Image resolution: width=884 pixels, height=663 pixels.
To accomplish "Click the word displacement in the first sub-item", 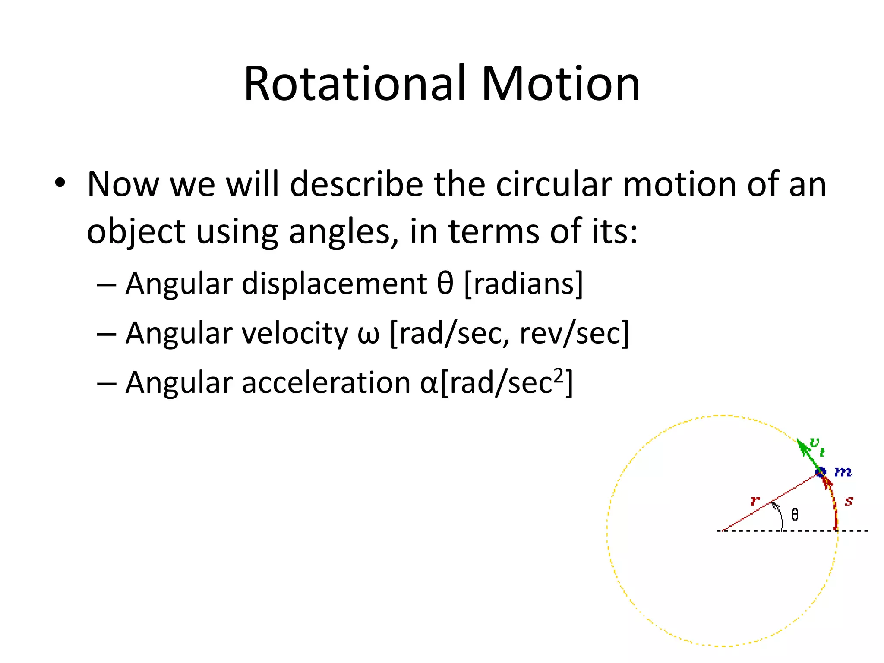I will click(x=335, y=284).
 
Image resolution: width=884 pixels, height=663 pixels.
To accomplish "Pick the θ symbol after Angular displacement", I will click(x=445, y=284).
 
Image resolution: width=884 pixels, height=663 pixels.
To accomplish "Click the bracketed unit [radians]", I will click(x=524, y=284).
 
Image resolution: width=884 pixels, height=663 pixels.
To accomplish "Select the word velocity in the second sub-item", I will click(x=294, y=334).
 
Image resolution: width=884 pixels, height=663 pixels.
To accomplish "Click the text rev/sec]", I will click(x=574, y=334).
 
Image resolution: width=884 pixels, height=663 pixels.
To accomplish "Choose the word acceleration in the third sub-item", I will click(x=326, y=383).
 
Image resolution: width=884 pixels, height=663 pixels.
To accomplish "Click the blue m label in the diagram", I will click(x=843, y=472).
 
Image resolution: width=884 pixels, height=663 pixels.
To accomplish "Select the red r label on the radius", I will click(x=755, y=501).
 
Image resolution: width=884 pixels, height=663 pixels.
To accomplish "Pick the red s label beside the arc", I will click(x=849, y=502).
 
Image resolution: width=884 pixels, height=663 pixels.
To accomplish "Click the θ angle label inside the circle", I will click(x=795, y=515).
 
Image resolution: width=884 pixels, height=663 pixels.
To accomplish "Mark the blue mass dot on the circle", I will click(x=820, y=472).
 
